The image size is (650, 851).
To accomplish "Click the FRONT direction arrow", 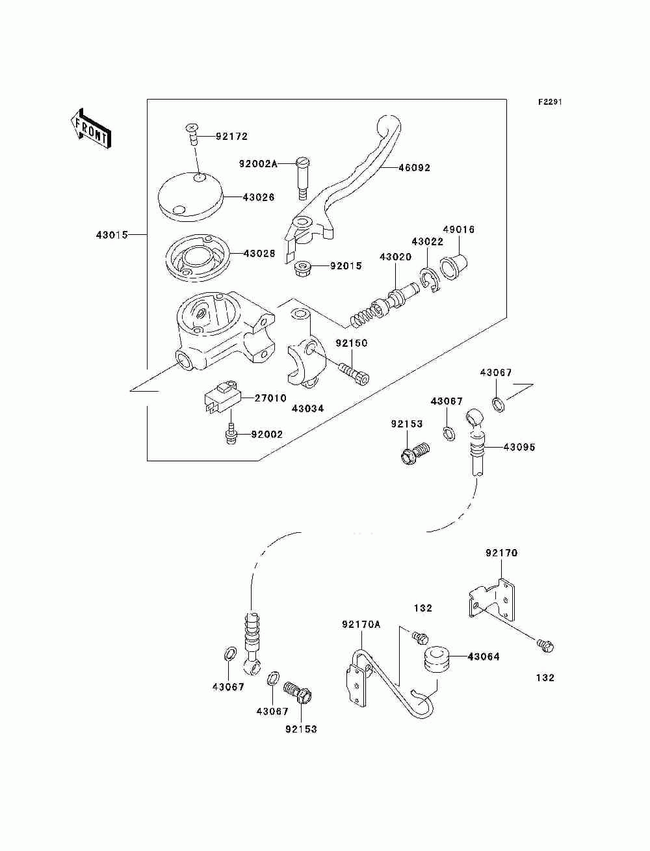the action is [x=91, y=128].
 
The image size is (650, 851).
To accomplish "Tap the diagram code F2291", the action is [x=550, y=102].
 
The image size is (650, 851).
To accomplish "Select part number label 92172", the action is [x=231, y=137].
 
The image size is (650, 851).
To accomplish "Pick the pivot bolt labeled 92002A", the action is [x=304, y=178].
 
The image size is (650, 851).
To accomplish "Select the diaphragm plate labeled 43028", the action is [x=198, y=258].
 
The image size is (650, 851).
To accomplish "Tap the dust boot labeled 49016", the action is [x=454, y=266].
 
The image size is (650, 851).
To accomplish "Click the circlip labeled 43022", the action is [x=429, y=279].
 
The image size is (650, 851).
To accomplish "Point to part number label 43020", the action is [x=395, y=257].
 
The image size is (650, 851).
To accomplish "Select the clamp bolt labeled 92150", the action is [x=354, y=373].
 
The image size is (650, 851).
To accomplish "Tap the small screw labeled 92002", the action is [x=231, y=433].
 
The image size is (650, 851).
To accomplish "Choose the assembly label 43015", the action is [x=112, y=235].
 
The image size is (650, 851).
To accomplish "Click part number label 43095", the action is [x=519, y=447].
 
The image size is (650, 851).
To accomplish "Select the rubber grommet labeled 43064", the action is [x=437, y=658].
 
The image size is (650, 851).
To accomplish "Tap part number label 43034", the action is [x=307, y=408].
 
